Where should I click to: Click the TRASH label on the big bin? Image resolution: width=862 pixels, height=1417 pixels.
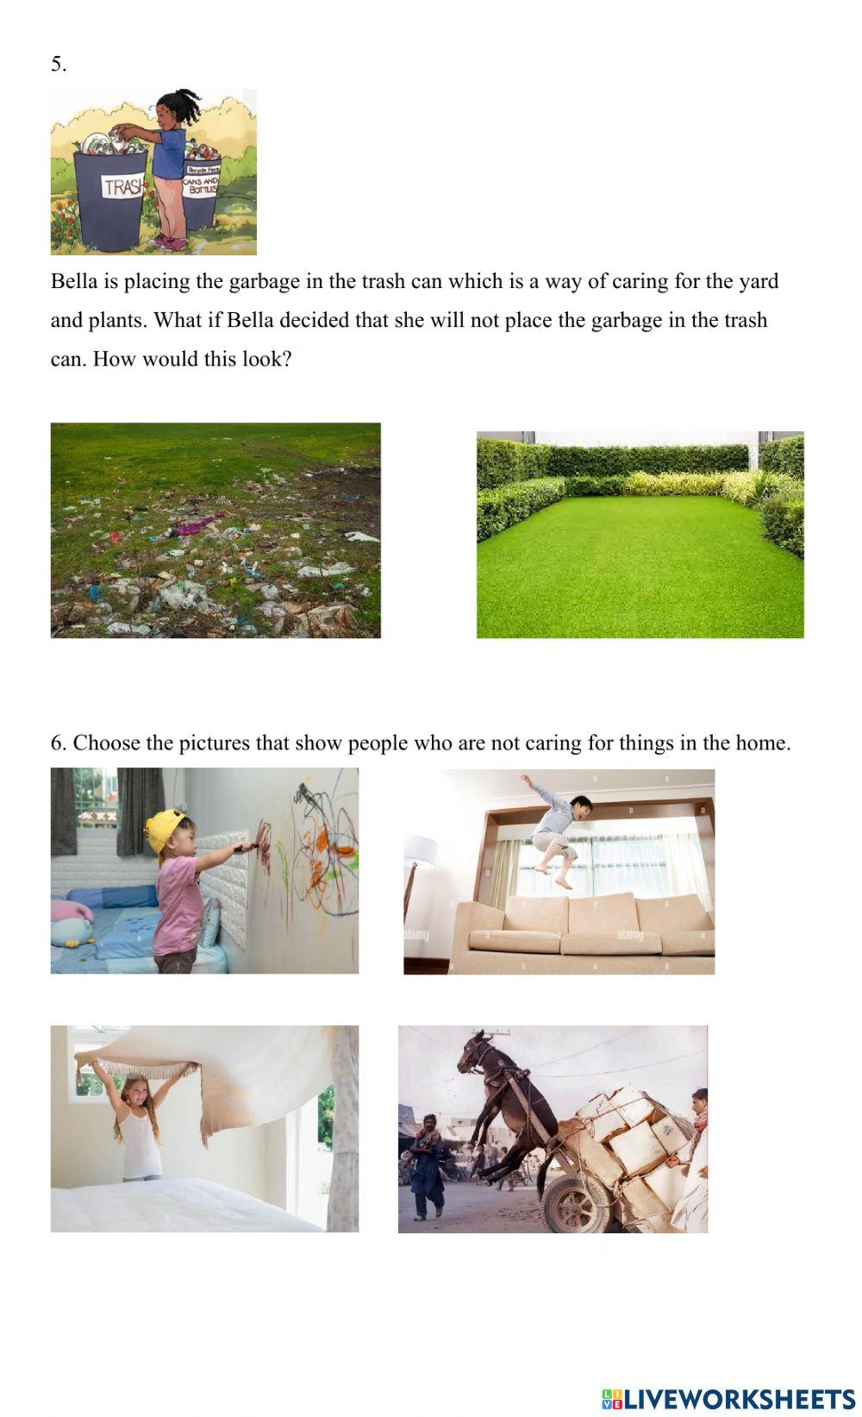click(x=122, y=186)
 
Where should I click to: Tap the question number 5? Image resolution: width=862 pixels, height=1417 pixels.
click(x=58, y=65)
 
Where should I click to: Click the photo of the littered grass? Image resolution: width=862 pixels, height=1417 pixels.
click(x=215, y=530)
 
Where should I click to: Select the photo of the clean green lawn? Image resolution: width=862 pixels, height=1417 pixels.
click(x=640, y=535)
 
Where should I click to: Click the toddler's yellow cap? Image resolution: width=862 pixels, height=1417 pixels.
click(x=164, y=827)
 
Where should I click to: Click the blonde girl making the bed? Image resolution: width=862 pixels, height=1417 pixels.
click(x=138, y=1121)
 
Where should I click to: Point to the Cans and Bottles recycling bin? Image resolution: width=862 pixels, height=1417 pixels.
click(x=201, y=190)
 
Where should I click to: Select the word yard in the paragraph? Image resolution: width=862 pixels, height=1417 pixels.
click(x=758, y=282)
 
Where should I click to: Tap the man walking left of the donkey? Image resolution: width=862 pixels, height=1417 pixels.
click(x=428, y=1164)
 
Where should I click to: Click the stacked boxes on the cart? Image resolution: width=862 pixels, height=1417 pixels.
click(x=634, y=1130)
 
